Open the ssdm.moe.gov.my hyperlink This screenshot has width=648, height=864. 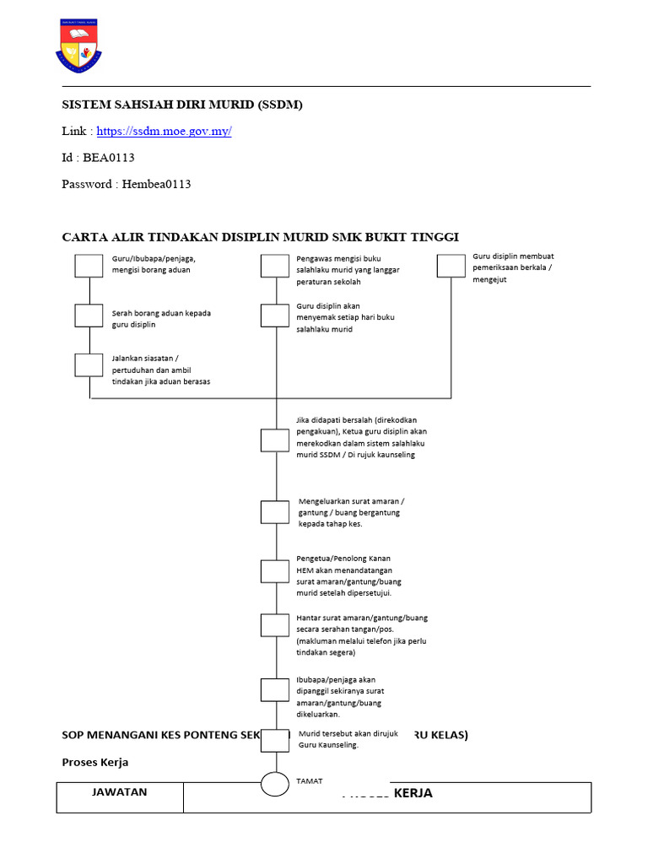click(164, 131)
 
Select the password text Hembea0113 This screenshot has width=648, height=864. click(156, 184)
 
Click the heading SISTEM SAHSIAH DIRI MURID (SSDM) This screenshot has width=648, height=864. click(182, 105)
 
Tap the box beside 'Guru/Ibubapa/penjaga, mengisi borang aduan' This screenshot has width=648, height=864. click(89, 266)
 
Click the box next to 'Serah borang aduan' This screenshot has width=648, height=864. click(89, 316)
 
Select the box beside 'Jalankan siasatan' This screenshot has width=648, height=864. click(89, 364)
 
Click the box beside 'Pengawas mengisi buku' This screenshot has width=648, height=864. click(274, 266)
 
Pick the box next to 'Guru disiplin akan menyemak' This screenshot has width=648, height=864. click(274, 316)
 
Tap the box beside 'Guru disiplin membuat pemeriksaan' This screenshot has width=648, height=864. click(451, 266)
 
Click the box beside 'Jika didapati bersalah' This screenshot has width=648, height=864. click(274, 440)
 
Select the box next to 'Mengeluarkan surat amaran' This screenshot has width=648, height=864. click(274, 512)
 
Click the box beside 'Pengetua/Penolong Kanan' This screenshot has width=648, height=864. click(274, 571)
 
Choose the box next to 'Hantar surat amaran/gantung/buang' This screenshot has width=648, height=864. click(274, 625)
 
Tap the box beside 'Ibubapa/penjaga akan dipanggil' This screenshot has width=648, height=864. click(274, 689)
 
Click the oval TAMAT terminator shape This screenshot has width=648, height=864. click(275, 784)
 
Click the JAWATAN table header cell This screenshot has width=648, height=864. click(120, 792)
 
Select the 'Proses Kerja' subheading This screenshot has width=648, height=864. click(95, 762)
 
